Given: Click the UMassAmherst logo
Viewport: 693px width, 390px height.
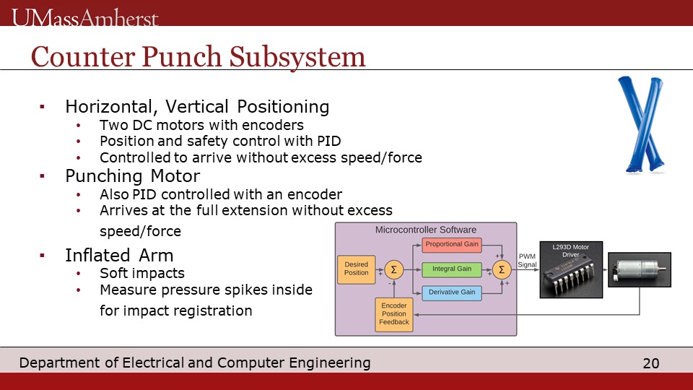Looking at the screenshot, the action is coord(85,17).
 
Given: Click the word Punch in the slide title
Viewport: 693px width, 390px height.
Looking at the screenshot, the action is coord(182,57).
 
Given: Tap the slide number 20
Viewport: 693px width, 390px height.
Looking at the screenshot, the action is coord(651,363).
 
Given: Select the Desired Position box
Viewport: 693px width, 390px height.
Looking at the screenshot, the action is coord(356,269).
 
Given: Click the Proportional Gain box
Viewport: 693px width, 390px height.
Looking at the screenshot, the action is coord(452,245).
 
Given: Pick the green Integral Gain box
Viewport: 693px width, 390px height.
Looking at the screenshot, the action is coord(452,269).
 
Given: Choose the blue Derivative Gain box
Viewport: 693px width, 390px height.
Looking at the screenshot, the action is coord(452,292).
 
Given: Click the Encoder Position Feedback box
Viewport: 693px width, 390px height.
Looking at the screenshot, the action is coord(394,314).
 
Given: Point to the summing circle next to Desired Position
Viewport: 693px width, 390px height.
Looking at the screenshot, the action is coord(394,269).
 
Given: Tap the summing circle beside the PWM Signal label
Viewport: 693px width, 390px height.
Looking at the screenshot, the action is coord(502,269).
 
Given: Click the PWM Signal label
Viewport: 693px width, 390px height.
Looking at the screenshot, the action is coord(527,261).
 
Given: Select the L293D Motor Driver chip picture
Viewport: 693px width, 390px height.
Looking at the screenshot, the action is coord(571,269).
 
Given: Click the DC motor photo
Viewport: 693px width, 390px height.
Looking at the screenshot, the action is coord(640,269).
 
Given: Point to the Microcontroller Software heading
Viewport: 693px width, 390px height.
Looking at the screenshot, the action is coord(426,230).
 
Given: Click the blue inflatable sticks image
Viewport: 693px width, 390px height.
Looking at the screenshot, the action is coord(641,124).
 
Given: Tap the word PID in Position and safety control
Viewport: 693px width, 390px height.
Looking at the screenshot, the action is coord(329,141).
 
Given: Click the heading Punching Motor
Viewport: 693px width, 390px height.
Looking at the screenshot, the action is coord(133,176).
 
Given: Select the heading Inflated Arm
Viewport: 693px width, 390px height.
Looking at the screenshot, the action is coord(119,256).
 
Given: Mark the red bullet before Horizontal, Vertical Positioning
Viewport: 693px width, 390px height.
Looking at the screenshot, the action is coord(43,106).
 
